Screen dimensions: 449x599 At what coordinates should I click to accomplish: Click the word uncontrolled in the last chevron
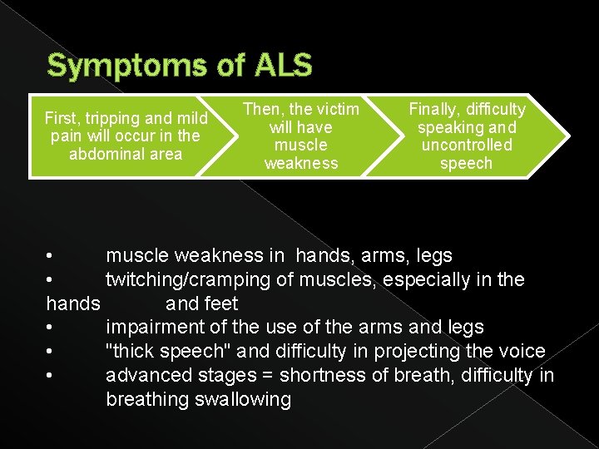pyautogui.click(x=467, y=145)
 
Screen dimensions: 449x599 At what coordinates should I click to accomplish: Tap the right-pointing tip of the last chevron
pyautogui.click(x=569, y=136)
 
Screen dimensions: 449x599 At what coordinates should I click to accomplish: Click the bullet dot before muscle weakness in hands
pyautogui.click(x=51, y=255)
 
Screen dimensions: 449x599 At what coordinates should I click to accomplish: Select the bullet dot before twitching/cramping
pyautogui.click(x=51, y=279)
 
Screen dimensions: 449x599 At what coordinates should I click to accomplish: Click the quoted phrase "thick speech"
pyautogui.click(x=166, y=352)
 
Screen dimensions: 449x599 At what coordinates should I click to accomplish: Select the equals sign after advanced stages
pyautogui.click(x=270, y=376)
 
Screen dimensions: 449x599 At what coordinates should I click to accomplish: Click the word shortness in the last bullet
pyautogui.click(x=319, y=376)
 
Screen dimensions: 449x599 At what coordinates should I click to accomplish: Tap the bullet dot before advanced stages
pyautogui.click(x=51, y=376)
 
